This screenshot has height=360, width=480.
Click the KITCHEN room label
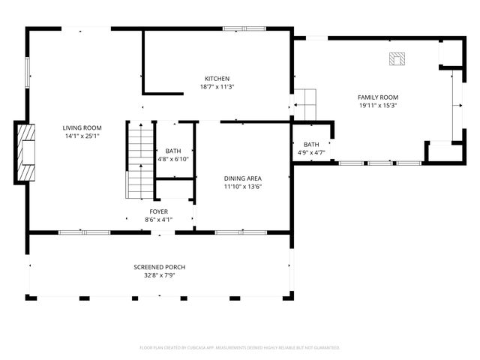pos(217,79)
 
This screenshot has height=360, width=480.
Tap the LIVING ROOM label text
pos(82,128)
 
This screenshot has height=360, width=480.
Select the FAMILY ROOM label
pos(378,97)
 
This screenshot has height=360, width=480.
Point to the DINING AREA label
pos(242,178)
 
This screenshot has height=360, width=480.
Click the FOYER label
pos(158,211)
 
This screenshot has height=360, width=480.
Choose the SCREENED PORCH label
pos(159,267)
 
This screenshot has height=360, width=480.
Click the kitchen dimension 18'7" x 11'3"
pos(217,87)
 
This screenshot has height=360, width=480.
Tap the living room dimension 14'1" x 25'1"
pos(82,136)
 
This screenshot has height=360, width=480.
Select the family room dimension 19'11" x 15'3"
pos(378,106)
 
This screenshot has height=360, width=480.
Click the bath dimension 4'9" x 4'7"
pos(311,153)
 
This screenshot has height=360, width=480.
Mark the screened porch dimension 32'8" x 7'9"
pos(159,275)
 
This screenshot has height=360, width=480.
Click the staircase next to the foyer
pos(139,161)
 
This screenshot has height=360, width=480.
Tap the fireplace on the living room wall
pos(25,153)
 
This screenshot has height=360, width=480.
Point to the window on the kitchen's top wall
pos(244,28)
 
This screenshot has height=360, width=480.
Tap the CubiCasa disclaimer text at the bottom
pos(240,347)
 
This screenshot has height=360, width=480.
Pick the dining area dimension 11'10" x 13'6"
pos(242,187)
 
